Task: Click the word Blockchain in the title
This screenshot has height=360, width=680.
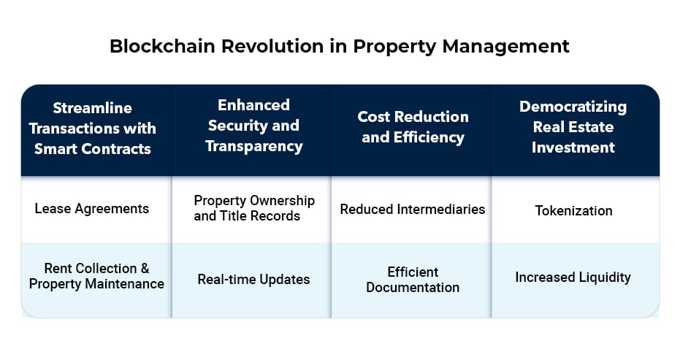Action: (x=162, y=46)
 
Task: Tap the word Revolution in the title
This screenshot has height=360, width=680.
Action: (x=272, y=46)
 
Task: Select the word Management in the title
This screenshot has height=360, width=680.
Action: (x=505, y=47)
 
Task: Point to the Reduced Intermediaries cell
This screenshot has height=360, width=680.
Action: (x=411, y=209)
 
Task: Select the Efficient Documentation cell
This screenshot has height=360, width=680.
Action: (x=411, y=280)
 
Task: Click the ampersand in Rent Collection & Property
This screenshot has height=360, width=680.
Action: (x=145, y=269)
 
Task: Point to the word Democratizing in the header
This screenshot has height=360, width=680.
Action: (x=573, y=107)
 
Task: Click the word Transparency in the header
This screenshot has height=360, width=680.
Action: (x=254, y=147)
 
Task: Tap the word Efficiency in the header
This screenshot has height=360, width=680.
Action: (x=429, y=137)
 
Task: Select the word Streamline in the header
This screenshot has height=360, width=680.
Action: (x=92, y=108)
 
